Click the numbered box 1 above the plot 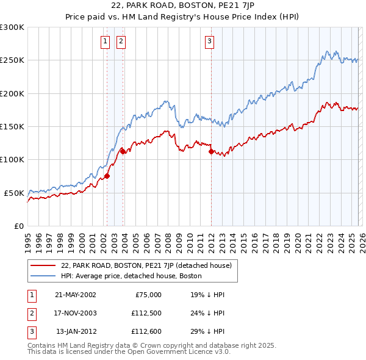(106, 41)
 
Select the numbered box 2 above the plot (121, 41)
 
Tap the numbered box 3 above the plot (209, 41)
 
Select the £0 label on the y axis (19, 226)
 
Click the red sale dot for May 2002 (107, 176)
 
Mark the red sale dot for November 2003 (123, 151)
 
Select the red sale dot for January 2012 (211, 151)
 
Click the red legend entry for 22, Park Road (146, 266)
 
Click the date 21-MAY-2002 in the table (76, 294)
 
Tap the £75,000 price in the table (148, 294)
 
